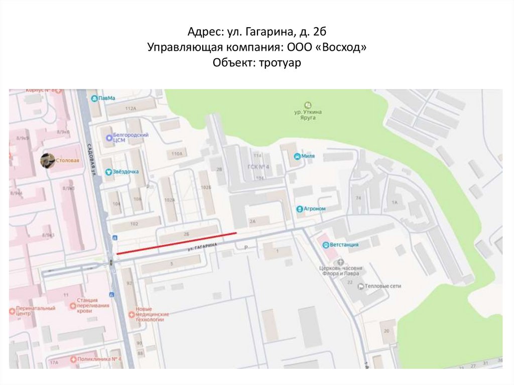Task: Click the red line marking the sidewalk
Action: (x=176, y=244)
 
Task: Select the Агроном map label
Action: (x=315, y=209)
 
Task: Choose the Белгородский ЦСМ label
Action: (x=132, y=138)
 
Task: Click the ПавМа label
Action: (x=106, y=98)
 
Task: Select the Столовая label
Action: (x=70, y=161)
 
